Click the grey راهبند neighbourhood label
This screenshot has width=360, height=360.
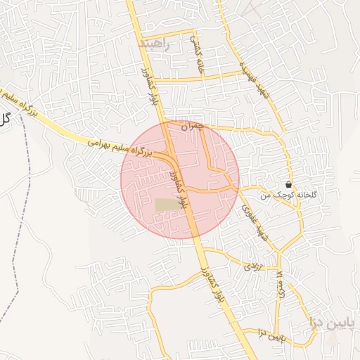click(155, 44)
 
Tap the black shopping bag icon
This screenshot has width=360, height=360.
click(289, 184)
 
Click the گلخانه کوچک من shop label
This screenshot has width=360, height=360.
click(282, 194)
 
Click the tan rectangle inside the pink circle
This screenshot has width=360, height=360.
click(166, 205)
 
